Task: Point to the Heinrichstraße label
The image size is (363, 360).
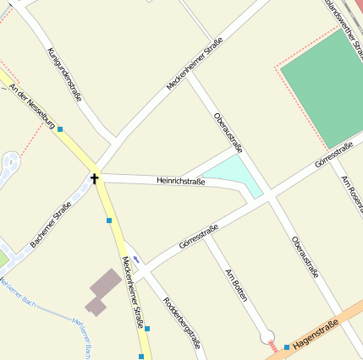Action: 181,181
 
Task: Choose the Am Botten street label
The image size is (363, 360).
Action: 238,287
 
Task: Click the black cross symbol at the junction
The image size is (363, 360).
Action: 94,178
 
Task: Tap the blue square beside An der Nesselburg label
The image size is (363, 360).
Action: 60,129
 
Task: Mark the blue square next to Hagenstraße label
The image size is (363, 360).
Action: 287,346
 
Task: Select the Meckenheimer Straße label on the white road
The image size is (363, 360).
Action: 195,63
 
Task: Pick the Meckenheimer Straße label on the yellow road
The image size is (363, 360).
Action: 133,292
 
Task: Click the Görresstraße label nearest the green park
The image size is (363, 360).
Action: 333,153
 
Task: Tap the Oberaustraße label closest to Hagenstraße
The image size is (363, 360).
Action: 305,257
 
